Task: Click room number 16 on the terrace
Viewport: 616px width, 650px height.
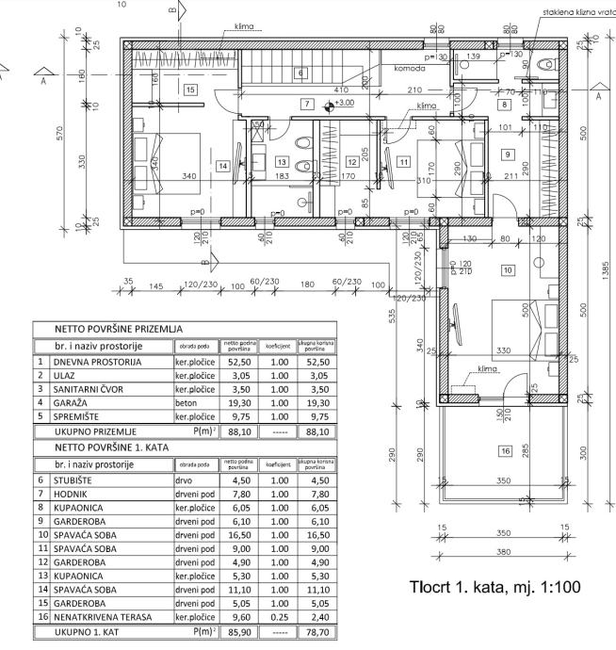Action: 504,451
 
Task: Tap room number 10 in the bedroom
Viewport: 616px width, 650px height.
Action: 507,269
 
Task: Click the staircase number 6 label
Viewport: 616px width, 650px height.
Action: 300,72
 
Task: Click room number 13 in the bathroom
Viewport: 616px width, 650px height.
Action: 281,161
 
